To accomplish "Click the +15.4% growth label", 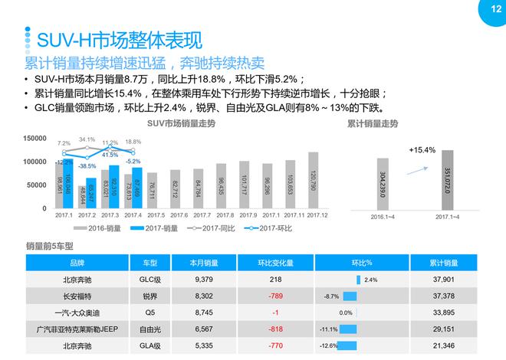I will coord(422,149).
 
